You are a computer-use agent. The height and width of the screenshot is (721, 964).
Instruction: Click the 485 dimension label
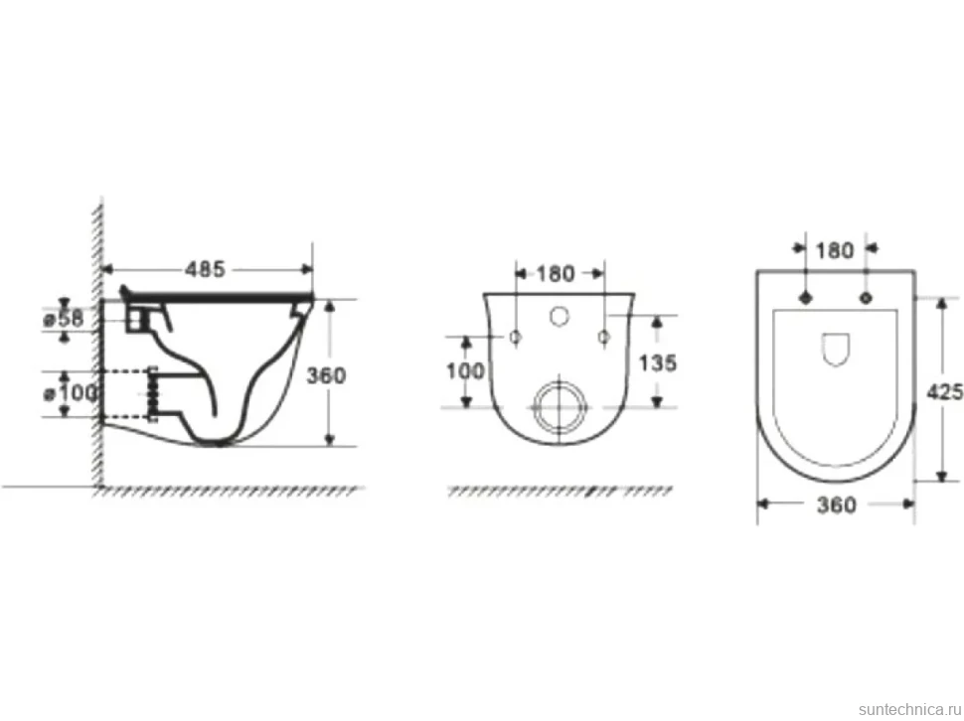(206, 269)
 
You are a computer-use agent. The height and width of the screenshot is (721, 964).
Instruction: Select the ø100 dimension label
(71, 392)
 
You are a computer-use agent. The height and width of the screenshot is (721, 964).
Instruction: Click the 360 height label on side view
(326, 375)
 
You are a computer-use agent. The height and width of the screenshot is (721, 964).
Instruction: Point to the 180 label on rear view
(556, 273)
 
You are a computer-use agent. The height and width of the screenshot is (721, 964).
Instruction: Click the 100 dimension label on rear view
(465, 370)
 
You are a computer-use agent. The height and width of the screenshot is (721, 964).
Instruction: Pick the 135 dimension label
(658, 362)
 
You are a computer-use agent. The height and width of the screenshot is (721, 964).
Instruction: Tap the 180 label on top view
(834, 250)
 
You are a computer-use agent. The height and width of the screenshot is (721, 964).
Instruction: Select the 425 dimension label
(945, 392)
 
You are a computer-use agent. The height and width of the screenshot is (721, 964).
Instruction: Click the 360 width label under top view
(836, 505)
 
